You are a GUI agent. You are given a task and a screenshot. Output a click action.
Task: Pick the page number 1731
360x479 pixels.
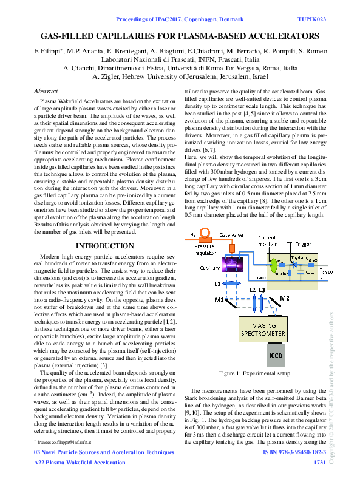(319, 463)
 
